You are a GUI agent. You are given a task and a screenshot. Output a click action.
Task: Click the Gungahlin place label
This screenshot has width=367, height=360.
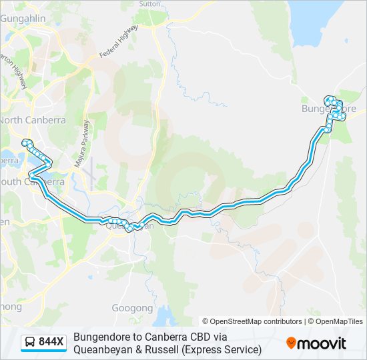(22, 19)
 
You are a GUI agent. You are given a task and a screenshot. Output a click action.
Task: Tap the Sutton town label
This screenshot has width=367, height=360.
(149, 3)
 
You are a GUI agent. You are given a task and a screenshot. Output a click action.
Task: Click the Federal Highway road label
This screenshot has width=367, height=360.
(118, 41)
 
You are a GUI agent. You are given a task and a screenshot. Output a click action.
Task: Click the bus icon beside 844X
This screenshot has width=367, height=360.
(30, 343)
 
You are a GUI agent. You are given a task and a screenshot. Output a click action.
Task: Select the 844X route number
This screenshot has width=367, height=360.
(51, 343)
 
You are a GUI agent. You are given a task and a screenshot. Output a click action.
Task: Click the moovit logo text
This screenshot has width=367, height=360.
(322, 343)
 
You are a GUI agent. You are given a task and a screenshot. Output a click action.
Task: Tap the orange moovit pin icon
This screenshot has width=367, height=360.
(291, 343)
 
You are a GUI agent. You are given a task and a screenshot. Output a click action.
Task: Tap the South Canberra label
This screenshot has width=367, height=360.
(33, 181)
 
